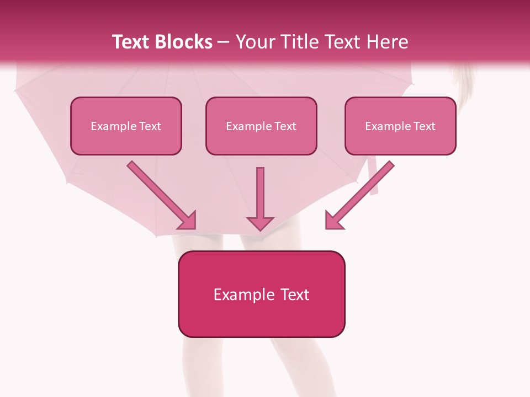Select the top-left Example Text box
[126, 126]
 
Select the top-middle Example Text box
[261, 126]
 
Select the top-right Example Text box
[400, 126]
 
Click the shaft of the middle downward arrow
[260, 190]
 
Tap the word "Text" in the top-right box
[425, 126]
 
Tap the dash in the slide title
[224, 42]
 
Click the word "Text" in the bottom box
[295, 294]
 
